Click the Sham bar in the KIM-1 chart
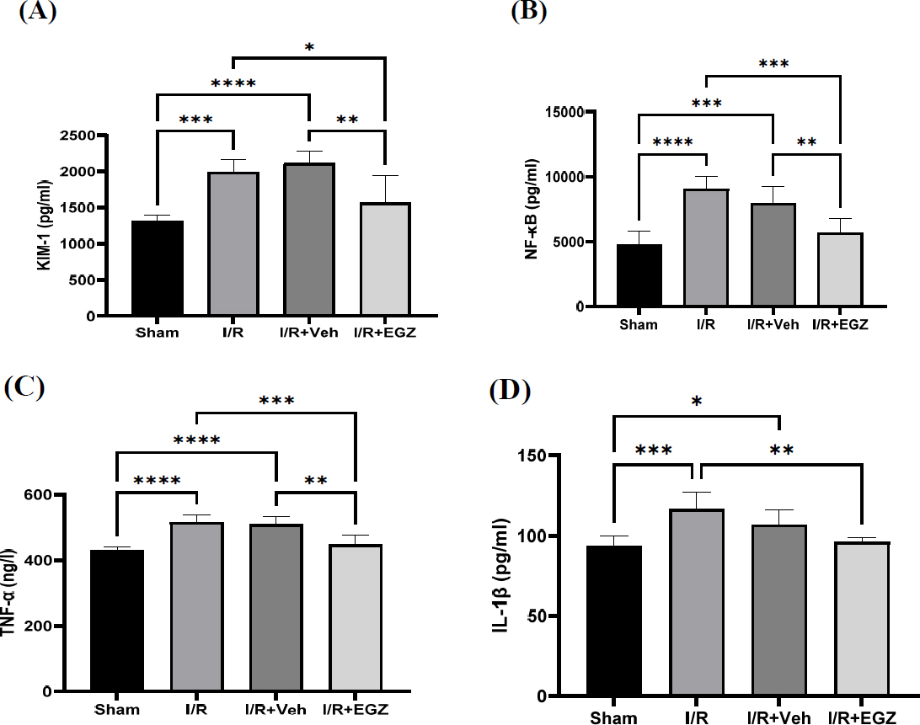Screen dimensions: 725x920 pyautogui.click(x=158, y=268)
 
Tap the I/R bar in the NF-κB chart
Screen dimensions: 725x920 pyautogui.click(x=704, y=248)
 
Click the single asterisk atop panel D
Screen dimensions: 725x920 pyautogui.click(x=697, y=402)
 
